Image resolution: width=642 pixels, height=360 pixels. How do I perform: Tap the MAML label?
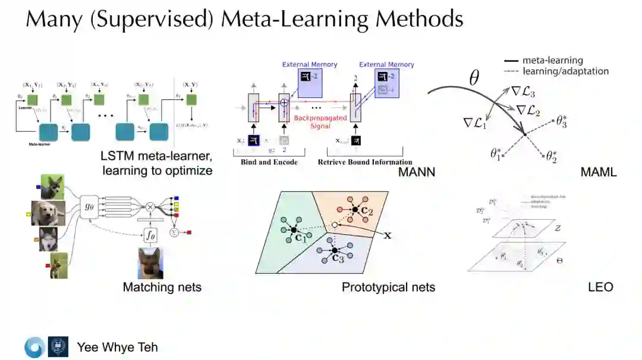tap(599, 172)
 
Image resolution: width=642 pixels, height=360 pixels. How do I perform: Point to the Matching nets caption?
tap(162, 287)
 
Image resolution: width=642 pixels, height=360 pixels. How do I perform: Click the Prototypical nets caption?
tap(388, 287)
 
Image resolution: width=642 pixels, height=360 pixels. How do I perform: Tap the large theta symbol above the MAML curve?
tap(474, 78)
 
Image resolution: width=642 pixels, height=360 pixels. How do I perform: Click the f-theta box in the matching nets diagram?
tap(150, 235)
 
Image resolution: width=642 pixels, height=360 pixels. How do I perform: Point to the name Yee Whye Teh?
tap(117, 347)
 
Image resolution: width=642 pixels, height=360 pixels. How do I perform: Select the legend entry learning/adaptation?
tap(565, 71)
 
